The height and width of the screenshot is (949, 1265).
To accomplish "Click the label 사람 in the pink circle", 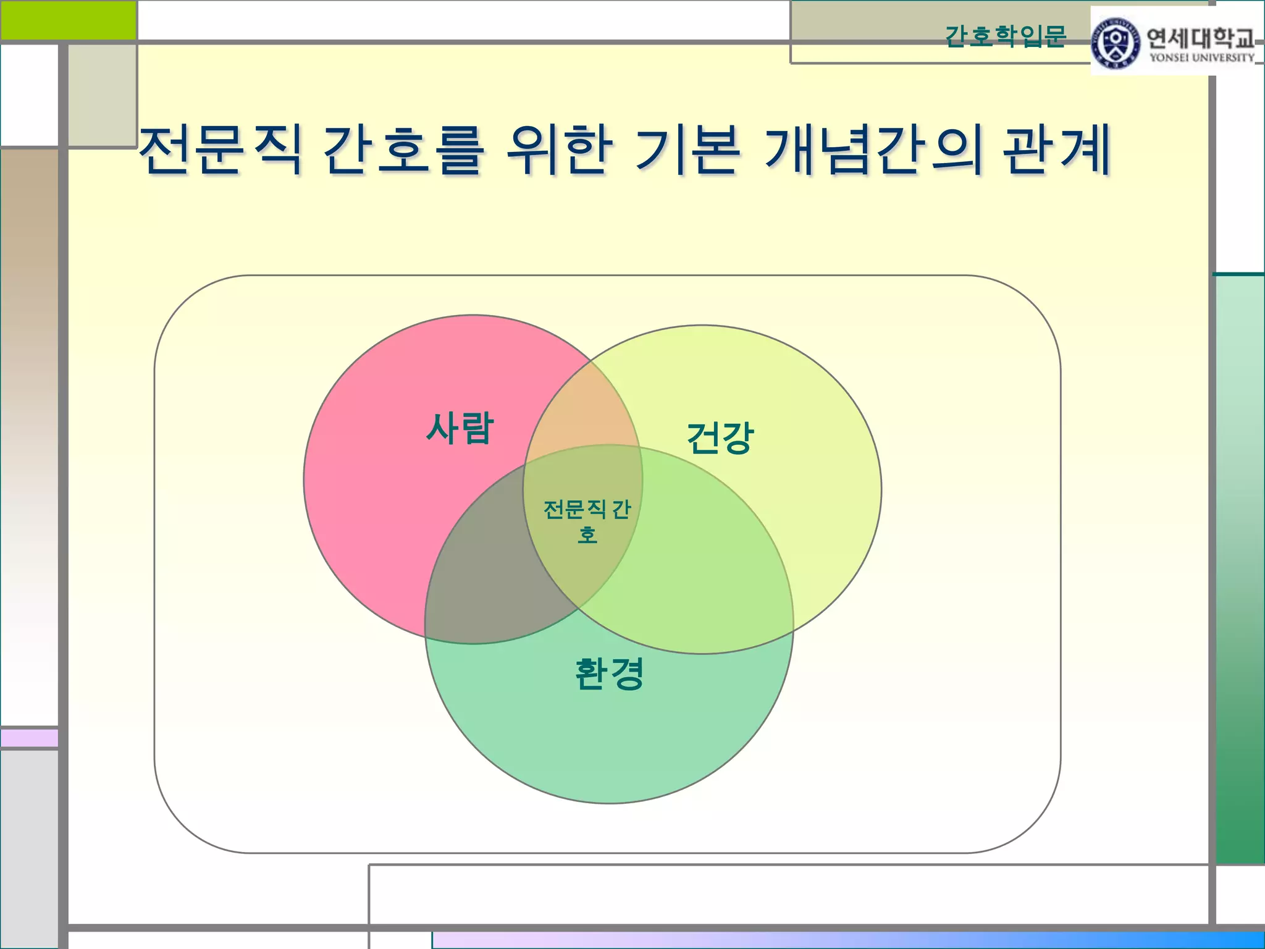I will point(460,428).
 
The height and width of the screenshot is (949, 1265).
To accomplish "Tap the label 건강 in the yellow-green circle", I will point(720,437).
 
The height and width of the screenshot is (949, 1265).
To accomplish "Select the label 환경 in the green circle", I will point(609,673).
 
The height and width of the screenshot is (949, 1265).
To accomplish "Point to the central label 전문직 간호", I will point(587,520).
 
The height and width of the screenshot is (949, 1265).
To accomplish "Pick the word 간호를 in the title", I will point(402,150).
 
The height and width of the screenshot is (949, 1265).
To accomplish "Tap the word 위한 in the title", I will point(559,150).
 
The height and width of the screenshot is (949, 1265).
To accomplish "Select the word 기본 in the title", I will point(687,150).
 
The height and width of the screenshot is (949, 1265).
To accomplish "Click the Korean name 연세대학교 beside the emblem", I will point(1200,38).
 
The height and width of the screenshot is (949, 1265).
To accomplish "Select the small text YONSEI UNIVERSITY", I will point(1201,58).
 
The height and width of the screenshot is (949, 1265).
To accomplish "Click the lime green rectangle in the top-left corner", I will point(68,20).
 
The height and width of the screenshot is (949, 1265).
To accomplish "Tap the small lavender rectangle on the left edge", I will point(29,738).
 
